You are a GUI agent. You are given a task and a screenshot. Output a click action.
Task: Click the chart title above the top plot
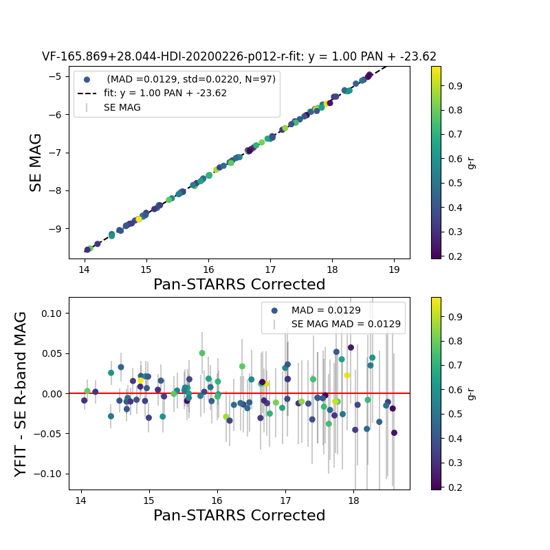pyautogui.click(x=239, y=57)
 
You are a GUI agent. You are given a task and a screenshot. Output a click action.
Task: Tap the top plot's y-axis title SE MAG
pyautogui.click(x=35, y=162)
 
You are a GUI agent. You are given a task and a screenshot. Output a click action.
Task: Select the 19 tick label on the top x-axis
pyautogui.click(x=394, y=269)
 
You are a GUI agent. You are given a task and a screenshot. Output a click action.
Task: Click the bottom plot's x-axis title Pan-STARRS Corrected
pyautogui.click(x=239, y=516)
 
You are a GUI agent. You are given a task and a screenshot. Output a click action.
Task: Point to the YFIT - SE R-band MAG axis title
pyautogui.click(x=21, y=393)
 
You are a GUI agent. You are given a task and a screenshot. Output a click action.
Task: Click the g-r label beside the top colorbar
pyautogui.click(x=471, y=162)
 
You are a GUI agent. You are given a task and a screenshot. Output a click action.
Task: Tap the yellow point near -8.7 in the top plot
pyautogui.click(x=138, y=219)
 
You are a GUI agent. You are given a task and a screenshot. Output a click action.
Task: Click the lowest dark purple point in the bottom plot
pyautogui.click(x=394, y=432)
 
